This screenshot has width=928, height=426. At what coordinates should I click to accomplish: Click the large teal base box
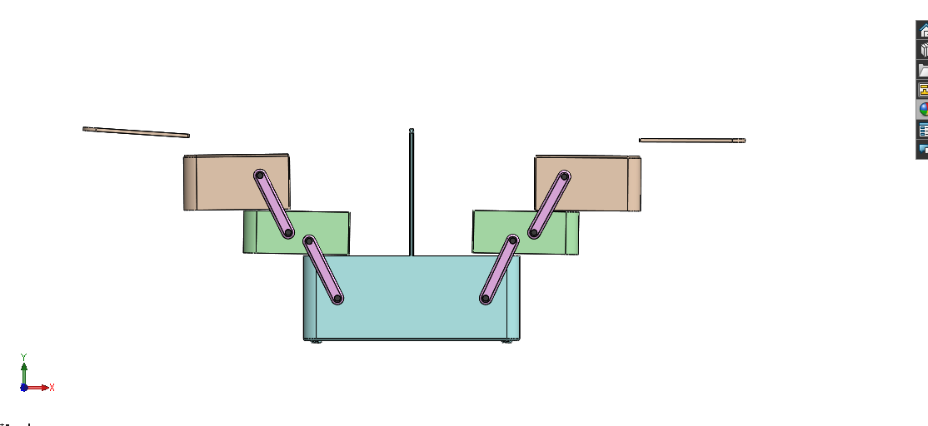412,308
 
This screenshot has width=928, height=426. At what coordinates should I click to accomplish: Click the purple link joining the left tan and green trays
274,205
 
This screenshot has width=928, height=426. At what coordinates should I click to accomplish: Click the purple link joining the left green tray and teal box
323,270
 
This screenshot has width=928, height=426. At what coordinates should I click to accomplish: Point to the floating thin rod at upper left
136,131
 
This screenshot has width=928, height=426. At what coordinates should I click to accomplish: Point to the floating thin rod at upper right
691,140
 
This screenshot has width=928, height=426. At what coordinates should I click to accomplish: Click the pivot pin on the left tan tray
260,176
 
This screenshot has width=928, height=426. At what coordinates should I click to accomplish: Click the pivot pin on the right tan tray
564,176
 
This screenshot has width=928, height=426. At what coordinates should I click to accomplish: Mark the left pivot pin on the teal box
337,299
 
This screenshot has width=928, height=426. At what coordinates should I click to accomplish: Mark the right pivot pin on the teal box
486,298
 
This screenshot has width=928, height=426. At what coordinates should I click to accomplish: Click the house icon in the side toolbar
923,30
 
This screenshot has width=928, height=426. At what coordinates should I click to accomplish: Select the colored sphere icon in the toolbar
923,109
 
